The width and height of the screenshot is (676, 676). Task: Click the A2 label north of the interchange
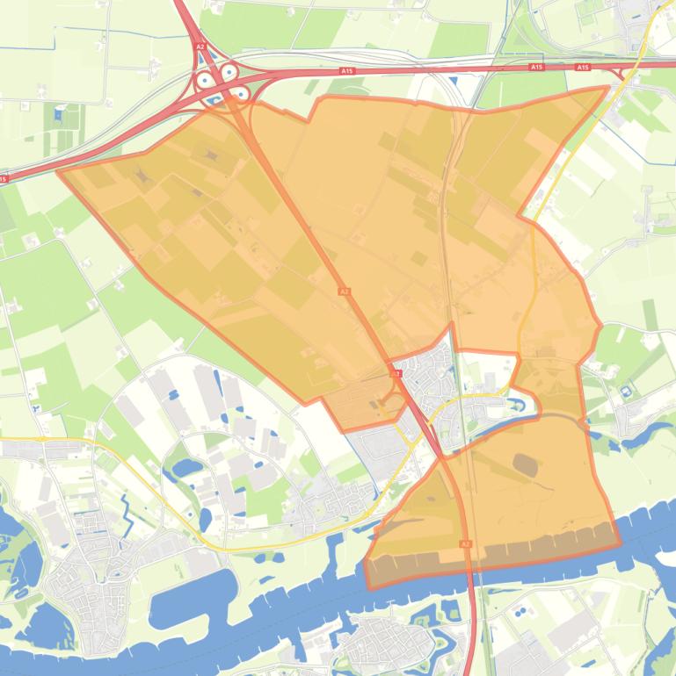click(200, 47)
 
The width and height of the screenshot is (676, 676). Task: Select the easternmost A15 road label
click(582, 68)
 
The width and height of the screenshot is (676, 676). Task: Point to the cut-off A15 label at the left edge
click(4, 179)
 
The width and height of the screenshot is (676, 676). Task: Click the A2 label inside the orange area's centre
click(344, 291)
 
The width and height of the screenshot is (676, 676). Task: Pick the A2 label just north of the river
click(465, 544)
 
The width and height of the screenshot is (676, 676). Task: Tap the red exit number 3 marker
click(396, 374)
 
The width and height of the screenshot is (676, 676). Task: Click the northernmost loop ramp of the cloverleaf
click(229, 71)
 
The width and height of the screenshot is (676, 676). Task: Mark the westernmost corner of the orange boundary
click(59, 171)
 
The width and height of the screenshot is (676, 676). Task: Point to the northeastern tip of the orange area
click(607, 87)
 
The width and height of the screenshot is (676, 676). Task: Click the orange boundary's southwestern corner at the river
click(367, 586)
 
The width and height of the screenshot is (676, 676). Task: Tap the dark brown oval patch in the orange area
click(527, 464)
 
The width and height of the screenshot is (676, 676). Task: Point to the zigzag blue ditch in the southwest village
click(124, 510)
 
